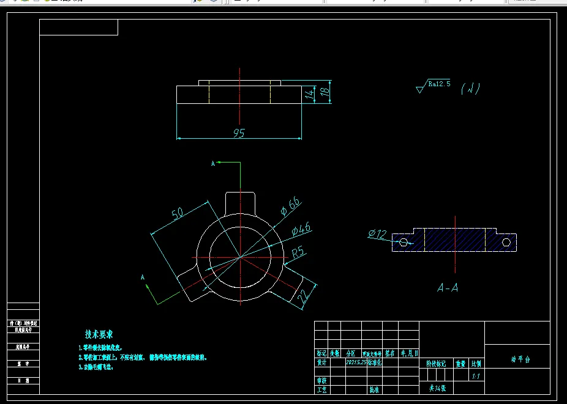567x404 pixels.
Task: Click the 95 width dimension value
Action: coord(239,133)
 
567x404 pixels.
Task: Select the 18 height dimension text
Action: coord(326,92)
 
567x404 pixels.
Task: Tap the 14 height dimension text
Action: coord(310,94)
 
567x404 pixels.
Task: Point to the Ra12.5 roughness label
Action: coord(439,84)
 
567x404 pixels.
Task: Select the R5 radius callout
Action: coord(298,251)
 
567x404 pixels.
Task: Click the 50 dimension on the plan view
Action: coord(178,213)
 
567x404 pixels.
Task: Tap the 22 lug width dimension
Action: coord(302,298)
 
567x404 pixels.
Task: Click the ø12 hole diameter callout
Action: coord(377,233)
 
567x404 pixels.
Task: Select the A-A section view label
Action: coord(448,287)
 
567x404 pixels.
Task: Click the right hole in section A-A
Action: coord(506,242)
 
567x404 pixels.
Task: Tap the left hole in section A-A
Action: coord(403,242)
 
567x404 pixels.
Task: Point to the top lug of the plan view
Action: coord(239,202)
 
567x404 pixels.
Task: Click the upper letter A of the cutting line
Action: coord(213,163)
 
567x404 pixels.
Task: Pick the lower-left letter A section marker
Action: coord(143,277)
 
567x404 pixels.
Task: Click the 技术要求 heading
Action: coord(99,334)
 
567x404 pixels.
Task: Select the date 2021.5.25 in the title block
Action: coord(356,362)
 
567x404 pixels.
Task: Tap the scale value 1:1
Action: coord(476,376)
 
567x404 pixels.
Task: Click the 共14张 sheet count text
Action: coord(437,388)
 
